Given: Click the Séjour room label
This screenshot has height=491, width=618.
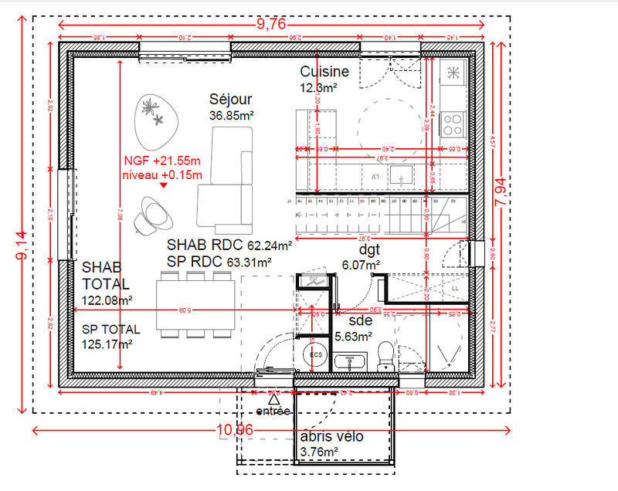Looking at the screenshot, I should tap(231, 100).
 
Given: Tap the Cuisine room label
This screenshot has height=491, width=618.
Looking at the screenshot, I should tap(324, 72).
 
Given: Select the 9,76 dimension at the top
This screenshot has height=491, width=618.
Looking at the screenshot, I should tap(270, 25).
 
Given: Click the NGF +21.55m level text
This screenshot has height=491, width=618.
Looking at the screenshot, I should tap(161, 161).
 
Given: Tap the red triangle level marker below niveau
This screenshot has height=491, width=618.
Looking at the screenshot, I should tap(165, 185).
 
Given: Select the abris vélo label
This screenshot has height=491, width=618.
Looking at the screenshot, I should tap(331, 437).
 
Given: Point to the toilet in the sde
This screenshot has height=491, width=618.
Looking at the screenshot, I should tap(386, 356).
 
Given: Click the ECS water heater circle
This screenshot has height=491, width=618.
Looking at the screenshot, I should tap(316, 354).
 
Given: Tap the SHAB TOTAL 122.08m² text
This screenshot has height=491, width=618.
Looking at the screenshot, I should tap(107, 283).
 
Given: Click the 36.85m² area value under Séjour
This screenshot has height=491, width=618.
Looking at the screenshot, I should tap(231, 115).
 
